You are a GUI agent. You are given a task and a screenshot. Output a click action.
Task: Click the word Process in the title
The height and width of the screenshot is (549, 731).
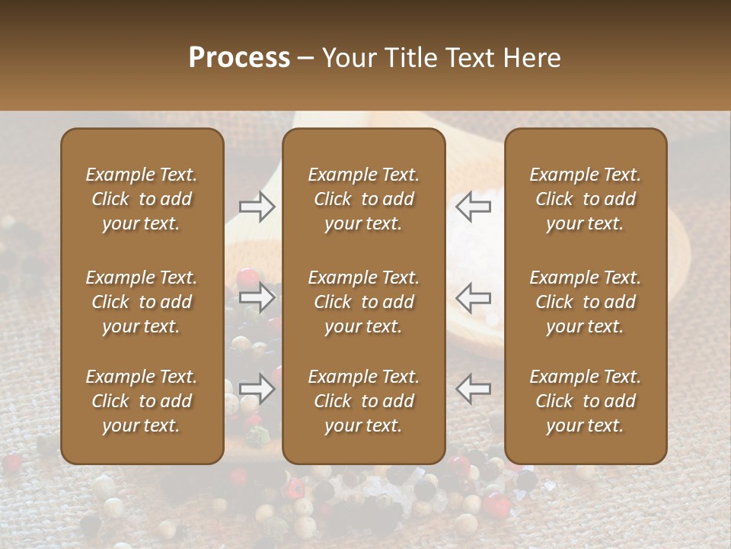coord(239,58)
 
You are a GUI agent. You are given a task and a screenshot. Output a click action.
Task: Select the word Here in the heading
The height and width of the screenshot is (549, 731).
coord(531,58)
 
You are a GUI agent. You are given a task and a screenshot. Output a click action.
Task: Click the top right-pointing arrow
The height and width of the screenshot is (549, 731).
coord(257,206)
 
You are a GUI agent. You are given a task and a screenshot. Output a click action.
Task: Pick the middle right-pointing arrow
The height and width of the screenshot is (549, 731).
coord(257,297)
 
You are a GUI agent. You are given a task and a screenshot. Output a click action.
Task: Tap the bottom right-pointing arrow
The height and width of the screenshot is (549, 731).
coord(257,389)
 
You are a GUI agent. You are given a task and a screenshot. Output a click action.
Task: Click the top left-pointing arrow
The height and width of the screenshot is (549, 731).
coord(474,206)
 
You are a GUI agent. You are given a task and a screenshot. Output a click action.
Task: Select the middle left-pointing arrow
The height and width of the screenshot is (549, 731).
coord(474,297)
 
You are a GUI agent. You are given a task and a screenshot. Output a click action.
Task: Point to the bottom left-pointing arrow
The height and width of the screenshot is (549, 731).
coord(474,389)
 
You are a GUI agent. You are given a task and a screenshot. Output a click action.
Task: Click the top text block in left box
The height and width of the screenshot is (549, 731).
coord(142,199)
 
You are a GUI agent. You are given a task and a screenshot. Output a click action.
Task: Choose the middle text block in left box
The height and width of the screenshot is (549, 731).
coord(142,302)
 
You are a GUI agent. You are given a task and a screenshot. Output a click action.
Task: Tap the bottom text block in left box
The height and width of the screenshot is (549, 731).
coord(142,401)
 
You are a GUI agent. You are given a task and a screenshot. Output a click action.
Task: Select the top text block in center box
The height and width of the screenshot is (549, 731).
coord(364,199)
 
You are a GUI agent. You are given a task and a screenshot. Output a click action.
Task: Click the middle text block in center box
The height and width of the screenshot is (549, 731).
coord(364,302)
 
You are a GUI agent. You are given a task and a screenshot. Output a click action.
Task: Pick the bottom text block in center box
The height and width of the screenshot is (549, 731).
coord(364,401)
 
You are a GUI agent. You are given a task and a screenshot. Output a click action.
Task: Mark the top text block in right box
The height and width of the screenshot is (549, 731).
coord(586,199)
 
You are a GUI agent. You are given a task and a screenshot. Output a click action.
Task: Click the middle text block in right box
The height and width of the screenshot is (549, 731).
coord(586,302)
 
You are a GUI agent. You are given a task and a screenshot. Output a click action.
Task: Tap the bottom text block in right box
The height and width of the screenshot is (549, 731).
coord(586,401)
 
